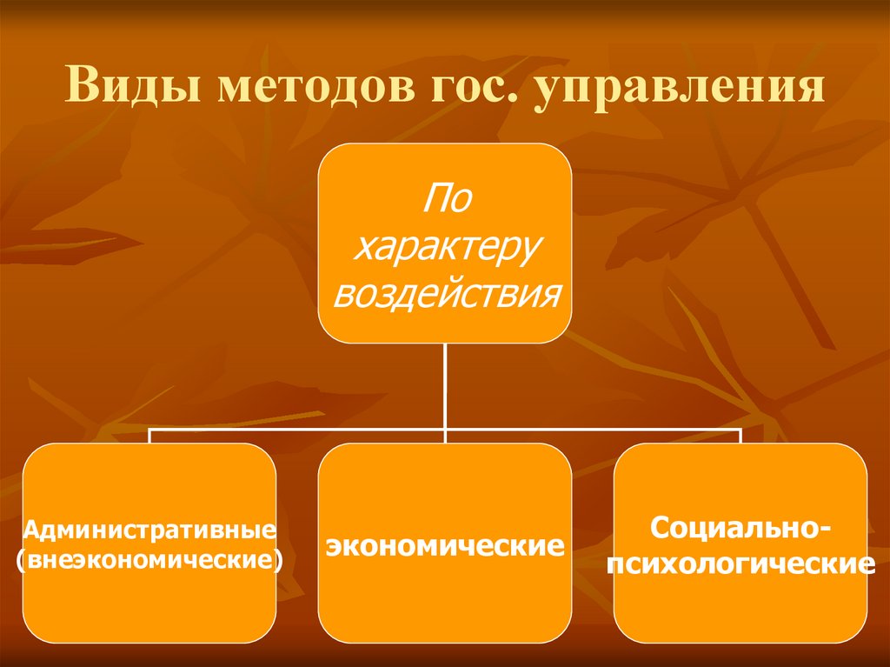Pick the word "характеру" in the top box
click(445, 248)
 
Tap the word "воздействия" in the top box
click(445, 293)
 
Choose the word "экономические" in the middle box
click(444, 547)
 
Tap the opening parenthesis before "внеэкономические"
click(21, 558)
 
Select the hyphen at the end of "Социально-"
click(824, 530)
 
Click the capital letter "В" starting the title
click(79, 90)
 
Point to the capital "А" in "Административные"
click(31, 530)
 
